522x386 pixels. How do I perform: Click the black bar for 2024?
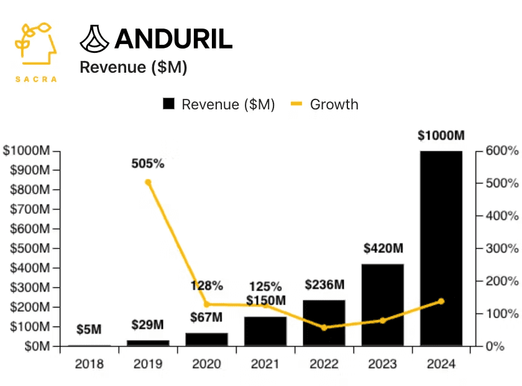[x=441, y=249]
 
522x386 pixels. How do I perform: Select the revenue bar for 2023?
[x=382, y=305]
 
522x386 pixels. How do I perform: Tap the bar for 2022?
[x=324, y=323]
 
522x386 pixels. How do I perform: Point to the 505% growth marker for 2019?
[x=148, y=182]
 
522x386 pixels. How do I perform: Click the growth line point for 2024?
[x=441, y=301]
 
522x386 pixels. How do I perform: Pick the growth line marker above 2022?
[x=324, y=328]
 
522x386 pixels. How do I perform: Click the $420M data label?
[x=383, y=249]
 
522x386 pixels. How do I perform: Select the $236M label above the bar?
[x=324, y=285]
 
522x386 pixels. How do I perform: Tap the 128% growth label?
[x=206, y=286]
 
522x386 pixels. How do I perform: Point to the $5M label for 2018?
[x=89, y=330]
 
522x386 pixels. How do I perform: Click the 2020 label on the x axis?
[x=206, y=364]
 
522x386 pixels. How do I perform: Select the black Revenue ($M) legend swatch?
[x=168, y=104]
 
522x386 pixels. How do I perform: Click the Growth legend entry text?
[x=334, y=104]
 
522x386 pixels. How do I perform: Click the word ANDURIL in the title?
[x=173, y=39]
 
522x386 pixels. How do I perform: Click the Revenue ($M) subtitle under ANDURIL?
[x=134, y=68]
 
